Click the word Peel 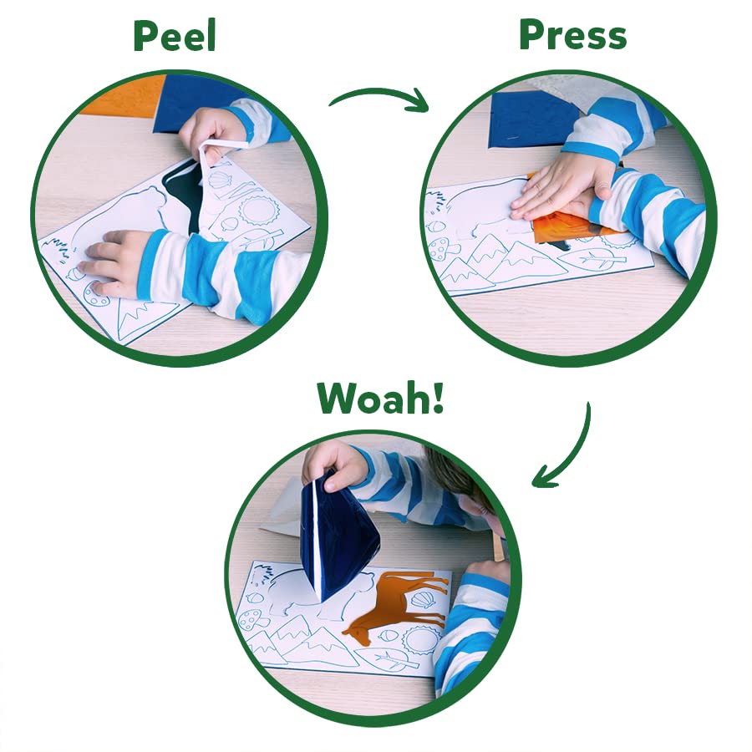175,37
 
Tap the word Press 573,35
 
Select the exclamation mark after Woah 437,397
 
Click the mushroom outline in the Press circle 442,249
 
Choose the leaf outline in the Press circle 601,259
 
